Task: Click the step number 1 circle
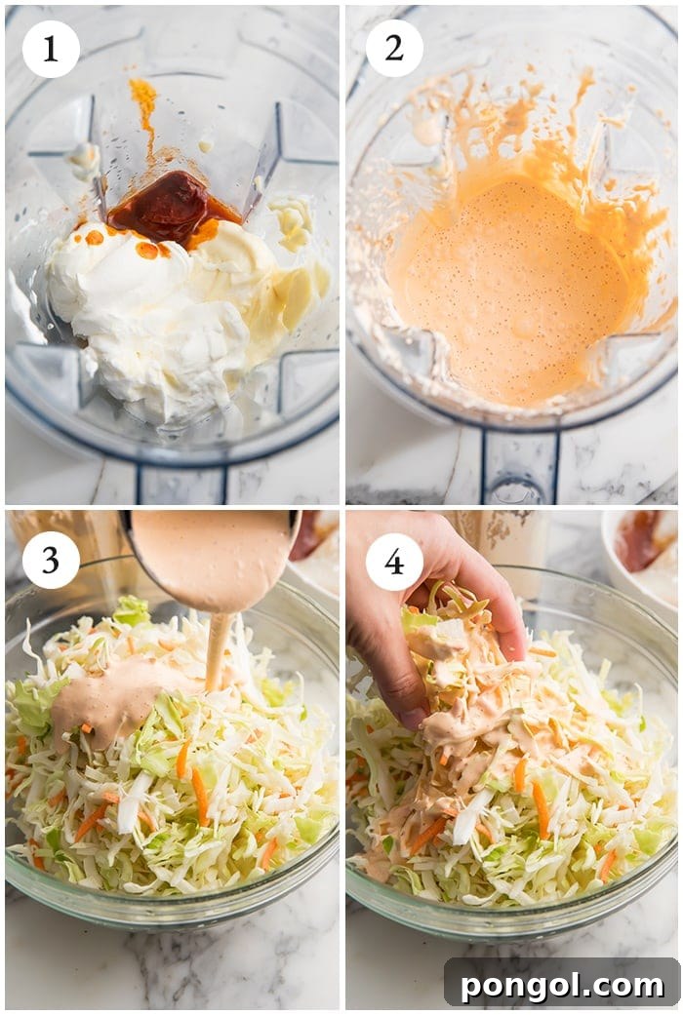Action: (51, 49)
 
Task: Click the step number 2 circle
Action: (394, 49)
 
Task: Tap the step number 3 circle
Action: (51, 560)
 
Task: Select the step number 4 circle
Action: (394, 562)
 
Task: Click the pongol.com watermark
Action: (562, 985)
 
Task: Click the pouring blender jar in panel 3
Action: (215, 556)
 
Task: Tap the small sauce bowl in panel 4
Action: (644, 556)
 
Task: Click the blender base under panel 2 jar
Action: (517, 468)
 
